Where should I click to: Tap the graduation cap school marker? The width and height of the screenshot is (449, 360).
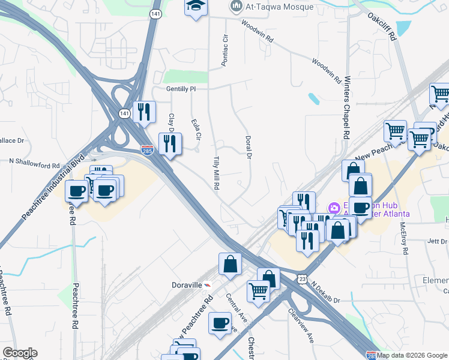pos(195,7)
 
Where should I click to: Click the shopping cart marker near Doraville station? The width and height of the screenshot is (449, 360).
pos(259,291)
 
